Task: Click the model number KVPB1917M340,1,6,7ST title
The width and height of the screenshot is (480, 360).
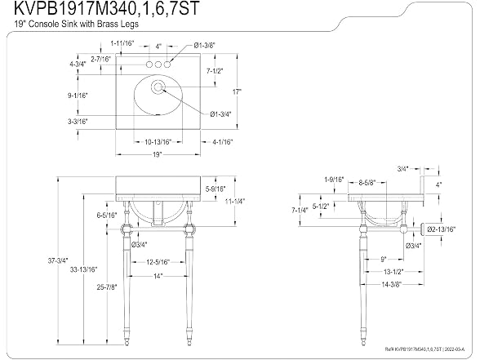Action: pyautogui.click(x=107, y=8)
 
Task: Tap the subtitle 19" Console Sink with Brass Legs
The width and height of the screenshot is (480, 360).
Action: pyautogui.click(x=76, y=24)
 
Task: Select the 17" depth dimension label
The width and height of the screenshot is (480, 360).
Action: pyautogui.click(x=237, y=91)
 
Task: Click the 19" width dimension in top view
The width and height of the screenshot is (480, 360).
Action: pyautogui.click(x=157, y=154)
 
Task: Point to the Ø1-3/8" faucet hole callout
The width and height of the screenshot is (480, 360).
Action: pyautogui.click(x=205, y=46)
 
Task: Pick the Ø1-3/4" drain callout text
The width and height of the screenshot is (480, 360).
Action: pyautogui.click(x=220, y=114)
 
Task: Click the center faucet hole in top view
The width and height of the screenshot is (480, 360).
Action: pyautogui.click(x=158, y=64)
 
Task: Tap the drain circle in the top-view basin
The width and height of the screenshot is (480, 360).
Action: pyautogui.click(x=158, y=87)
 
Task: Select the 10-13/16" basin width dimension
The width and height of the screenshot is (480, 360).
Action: pyautogui.click(x=158, y=142)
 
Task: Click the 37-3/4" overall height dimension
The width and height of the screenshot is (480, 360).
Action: pyautogui.click(x=58, y=261)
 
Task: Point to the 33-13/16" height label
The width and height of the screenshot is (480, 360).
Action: pyautogui.click(x=83, y=269)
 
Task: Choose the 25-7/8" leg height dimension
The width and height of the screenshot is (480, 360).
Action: pyautogui.click(x=107, y=287)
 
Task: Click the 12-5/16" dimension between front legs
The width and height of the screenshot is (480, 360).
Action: pyautogui.click(x=158, y=262)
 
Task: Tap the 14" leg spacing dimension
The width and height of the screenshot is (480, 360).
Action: pyautogui.click(x=158, y=276)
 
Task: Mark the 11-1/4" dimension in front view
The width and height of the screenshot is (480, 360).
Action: pyautogui.click(x=235, y=201)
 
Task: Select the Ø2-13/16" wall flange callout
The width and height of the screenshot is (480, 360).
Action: pyautogui.click(x=442, y=229)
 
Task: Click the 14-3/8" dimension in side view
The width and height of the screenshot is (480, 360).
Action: pyautogui.click(x=391, y=284)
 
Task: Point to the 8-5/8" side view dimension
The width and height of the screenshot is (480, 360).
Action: pyautogui.click(x=367, y=183)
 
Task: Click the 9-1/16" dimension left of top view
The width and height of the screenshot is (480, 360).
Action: pyautogui.click(x=78, y=96)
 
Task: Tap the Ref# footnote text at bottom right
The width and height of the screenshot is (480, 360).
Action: pyautogui.click(x=424, y=349)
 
